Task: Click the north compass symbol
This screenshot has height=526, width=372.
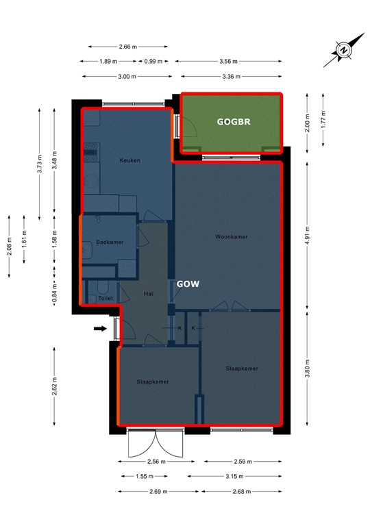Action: [x=345, y=51]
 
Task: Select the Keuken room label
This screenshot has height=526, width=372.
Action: [x=129, y=161]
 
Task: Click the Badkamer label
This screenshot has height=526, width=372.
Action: [x=109, y=242]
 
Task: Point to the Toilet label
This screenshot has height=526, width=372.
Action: [x=106, y=299]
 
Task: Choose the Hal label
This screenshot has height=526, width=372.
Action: [x=148, y=294]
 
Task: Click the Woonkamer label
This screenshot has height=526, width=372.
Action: [x=231, y=237]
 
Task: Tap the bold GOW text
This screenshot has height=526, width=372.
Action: [x=188, y=284]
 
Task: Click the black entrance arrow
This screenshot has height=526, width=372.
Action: [x=100, y=329]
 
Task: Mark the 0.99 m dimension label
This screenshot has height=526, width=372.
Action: [x=154, y=61]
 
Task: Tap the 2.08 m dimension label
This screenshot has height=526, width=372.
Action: [x=10, y=245]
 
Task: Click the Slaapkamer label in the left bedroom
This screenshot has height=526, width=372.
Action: [x=153, y=382]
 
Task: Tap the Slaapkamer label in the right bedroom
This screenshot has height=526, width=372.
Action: [x=242, y=368]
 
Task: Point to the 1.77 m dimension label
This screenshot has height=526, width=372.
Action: [x=323, y=124]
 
